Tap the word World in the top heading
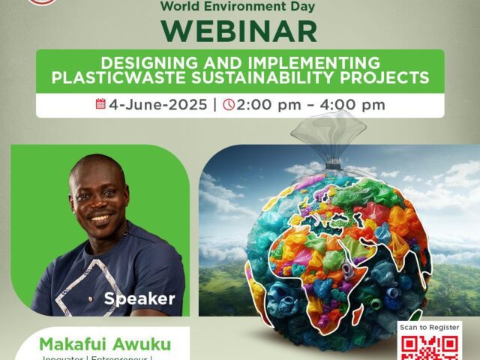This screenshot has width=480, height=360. [x=188, y=5]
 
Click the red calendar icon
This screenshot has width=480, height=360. [x=100, y=103]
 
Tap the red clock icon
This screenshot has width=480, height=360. [x=229, y=104]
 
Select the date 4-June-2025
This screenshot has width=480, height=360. [x=157, y=104]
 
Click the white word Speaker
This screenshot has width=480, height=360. [x=139, y=298]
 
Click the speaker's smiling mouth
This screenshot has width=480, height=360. [x=100, y=217]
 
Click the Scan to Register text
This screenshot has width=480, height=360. [x=430, y=328]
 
